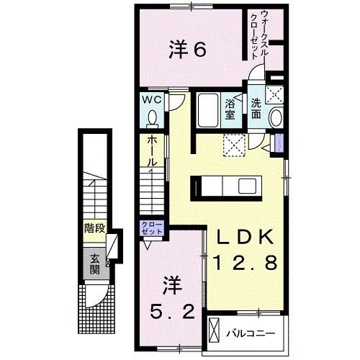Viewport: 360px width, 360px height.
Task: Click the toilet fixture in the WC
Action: point(152,117)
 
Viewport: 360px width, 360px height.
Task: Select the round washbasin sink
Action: point(275,118)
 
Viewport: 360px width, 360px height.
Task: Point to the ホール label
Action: point(152,151)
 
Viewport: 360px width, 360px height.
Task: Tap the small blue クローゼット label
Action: point(152,230)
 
